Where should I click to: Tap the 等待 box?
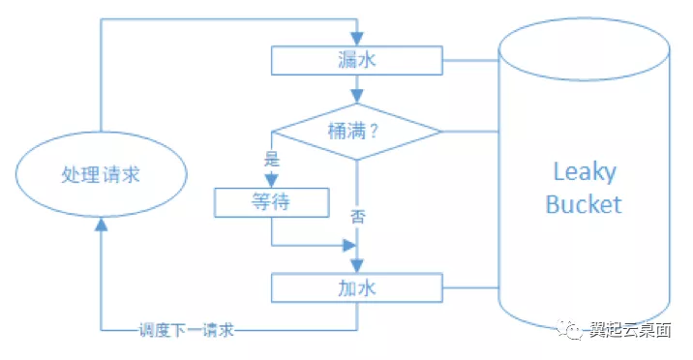click(x=271, y=202)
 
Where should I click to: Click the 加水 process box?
click(x=356, y=287)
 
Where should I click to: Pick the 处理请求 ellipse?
click(x=100, y=175)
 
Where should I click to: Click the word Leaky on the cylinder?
click(x=584, y=172)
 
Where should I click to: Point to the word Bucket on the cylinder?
click(x=584, y=204)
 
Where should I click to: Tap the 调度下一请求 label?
click(x=186, y=330)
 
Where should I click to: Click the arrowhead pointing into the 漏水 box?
click(x=357, y=42)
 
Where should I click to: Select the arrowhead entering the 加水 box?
click(x=357, y=266)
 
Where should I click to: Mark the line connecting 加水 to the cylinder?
click(x=470, y=287)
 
